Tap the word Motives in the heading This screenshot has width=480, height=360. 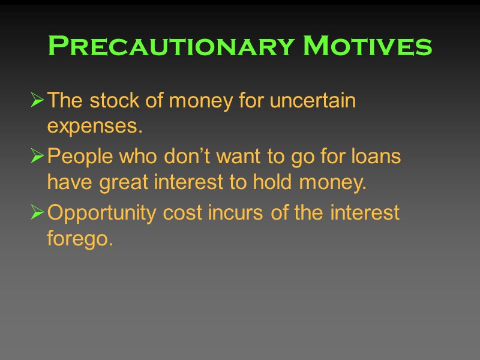point(368,46)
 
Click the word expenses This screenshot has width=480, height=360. point(95,127)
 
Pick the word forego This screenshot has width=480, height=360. point(80,239)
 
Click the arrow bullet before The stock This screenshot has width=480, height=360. point(37,101)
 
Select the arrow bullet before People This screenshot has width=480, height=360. point(37,158)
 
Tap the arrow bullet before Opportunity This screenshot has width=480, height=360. point(37,214)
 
